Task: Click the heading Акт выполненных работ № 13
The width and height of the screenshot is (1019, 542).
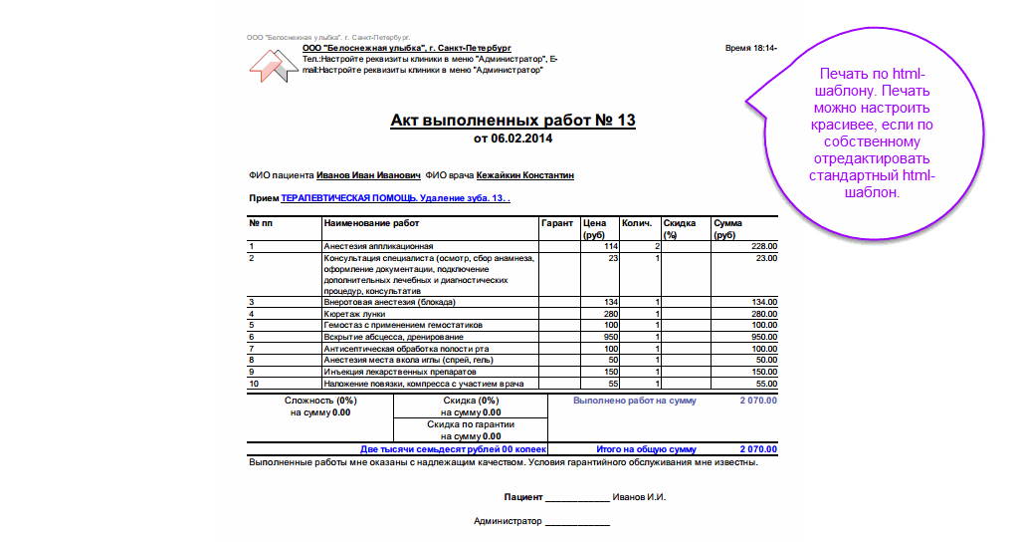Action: pos(512,121)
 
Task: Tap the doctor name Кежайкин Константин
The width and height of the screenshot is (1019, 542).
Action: pos(524,174)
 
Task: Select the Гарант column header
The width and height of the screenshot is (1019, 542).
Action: pos(557,223)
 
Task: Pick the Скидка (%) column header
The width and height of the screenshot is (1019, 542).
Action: pos(680,229)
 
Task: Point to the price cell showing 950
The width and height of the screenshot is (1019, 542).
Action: pos(610,337)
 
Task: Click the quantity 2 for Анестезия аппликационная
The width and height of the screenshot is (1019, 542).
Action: pos(657,246)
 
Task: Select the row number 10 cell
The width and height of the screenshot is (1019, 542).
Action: pos(254,383)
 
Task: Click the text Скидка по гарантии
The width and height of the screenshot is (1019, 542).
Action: pos(471,424)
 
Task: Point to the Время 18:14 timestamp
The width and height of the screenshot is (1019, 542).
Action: pos(751,48)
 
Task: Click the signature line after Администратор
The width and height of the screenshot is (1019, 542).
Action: pos(576,521)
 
